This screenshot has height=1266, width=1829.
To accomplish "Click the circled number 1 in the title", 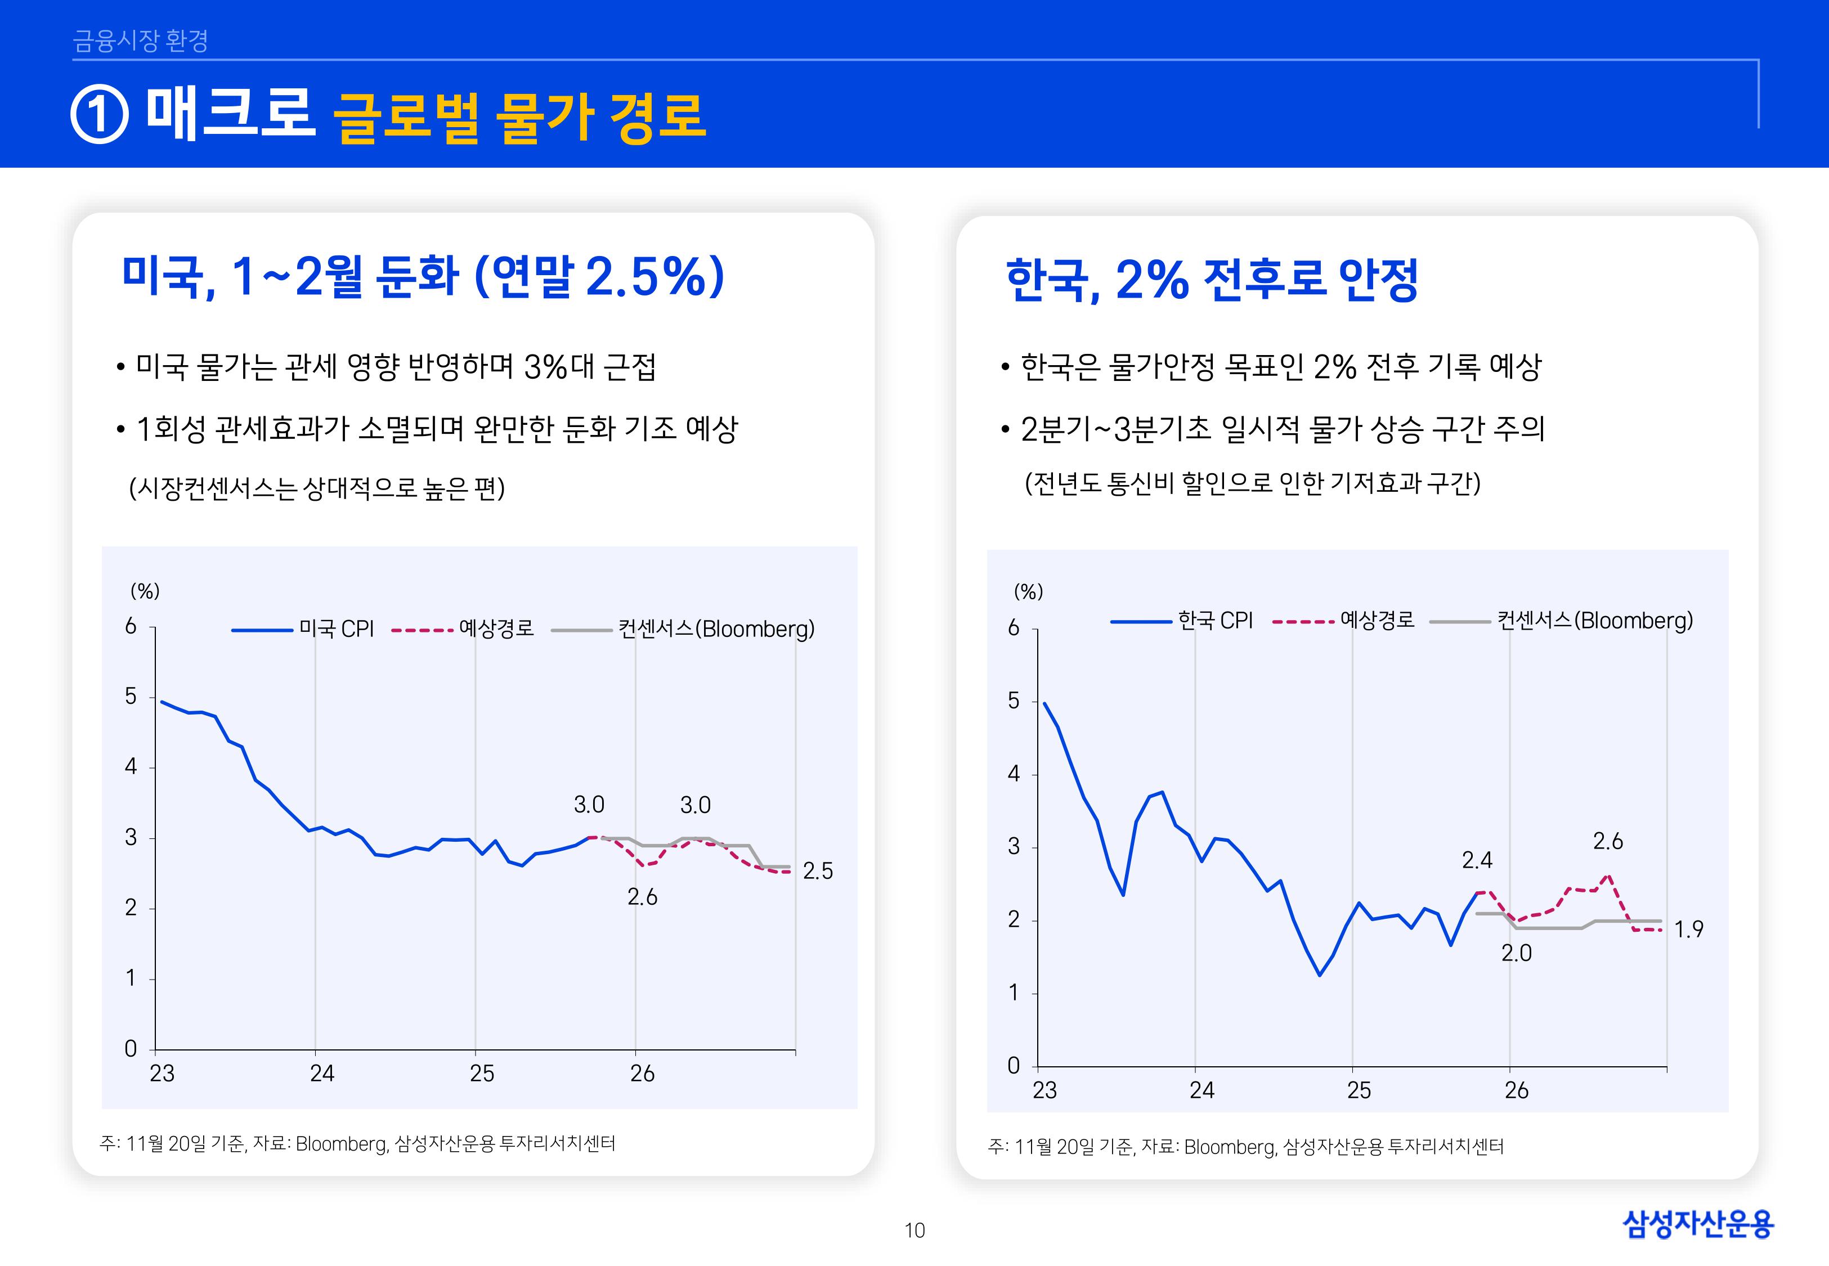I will pyautogui.click(x=99, y=115).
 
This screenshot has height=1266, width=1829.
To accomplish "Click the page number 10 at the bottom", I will pyautogui.click(x=914, y=1231).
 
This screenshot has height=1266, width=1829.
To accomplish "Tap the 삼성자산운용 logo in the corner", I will pyautogui.click(x=1697, y=1224).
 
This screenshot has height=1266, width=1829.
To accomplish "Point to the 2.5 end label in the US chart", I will pyautogui.click(x=818, y=871).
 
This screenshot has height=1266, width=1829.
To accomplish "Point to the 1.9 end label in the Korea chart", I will pyautogui.click(x=1689, y=929).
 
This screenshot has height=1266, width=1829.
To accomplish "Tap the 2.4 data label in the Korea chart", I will pyautogui.click(x=1477, y=860).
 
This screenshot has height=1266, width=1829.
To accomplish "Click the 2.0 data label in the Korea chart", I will pyautogui.click(x=1516, y=954).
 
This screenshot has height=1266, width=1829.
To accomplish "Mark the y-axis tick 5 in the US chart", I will pyautogui.click(x=131, y=697).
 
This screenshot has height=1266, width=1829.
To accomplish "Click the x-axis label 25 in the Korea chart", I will pyautogui.click(x=1359, y=1090).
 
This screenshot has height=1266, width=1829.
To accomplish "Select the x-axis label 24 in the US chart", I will pyautogui.click(x=322, y=1074).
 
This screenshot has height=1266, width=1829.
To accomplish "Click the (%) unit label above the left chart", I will pyautogui.click(x=145, y=591).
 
